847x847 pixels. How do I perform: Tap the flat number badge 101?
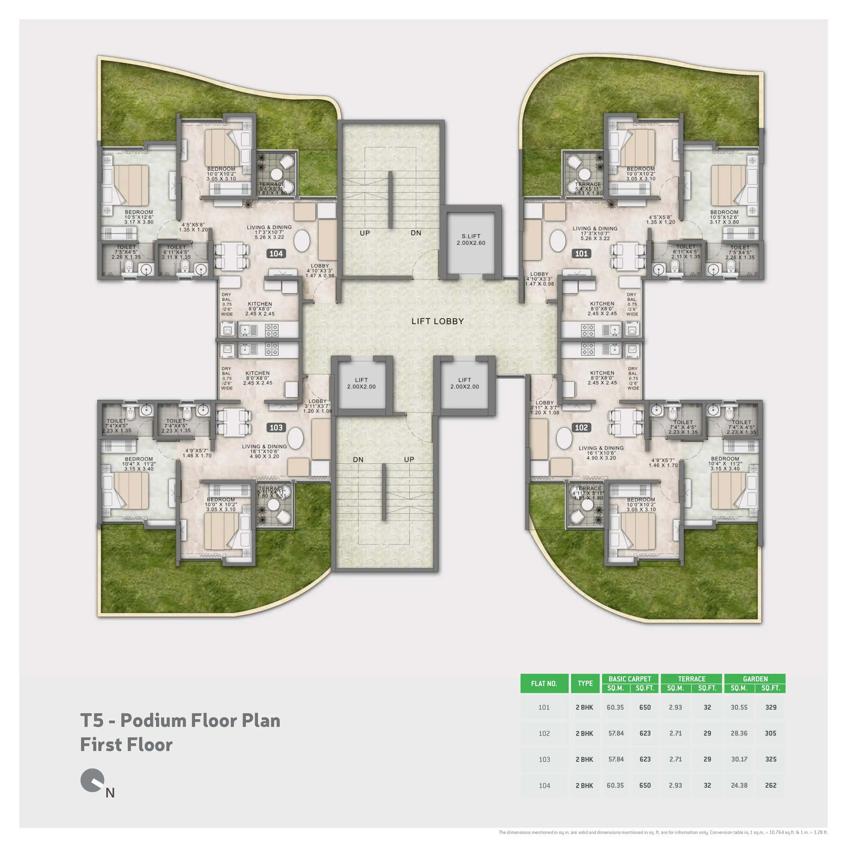tap(581, 253)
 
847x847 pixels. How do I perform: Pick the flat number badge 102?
tap(581, 427)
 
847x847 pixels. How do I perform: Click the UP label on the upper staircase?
tap(365, 233)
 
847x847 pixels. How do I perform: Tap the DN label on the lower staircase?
tap(358, 459)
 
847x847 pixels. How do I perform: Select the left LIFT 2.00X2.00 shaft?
tap(361, 384)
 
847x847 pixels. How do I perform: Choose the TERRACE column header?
tap(691, 679)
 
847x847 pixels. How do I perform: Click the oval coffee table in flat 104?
tap(302, 241)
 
